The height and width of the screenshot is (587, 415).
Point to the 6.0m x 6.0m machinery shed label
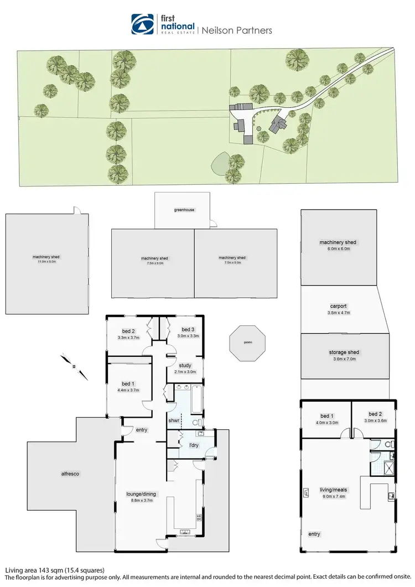click(x=338, y=245)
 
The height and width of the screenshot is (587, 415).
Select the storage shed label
click(x=338, y=355)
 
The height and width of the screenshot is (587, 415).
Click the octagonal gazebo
click(x=247, y=343)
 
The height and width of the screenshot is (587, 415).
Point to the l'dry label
click(x=194, y=445)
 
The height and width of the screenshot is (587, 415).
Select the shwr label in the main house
click(x=174, y=420)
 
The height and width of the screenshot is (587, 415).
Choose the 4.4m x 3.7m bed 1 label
click(x=129, y=387)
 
